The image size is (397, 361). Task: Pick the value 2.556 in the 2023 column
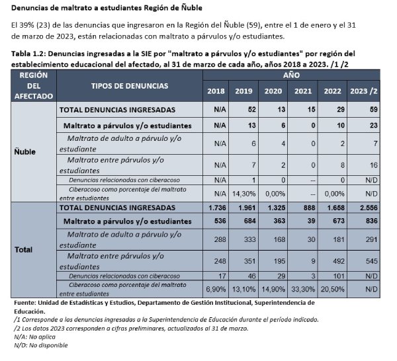coord(362,208)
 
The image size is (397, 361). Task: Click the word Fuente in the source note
coord(25,302)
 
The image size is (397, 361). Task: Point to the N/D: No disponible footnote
coord(40,344)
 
